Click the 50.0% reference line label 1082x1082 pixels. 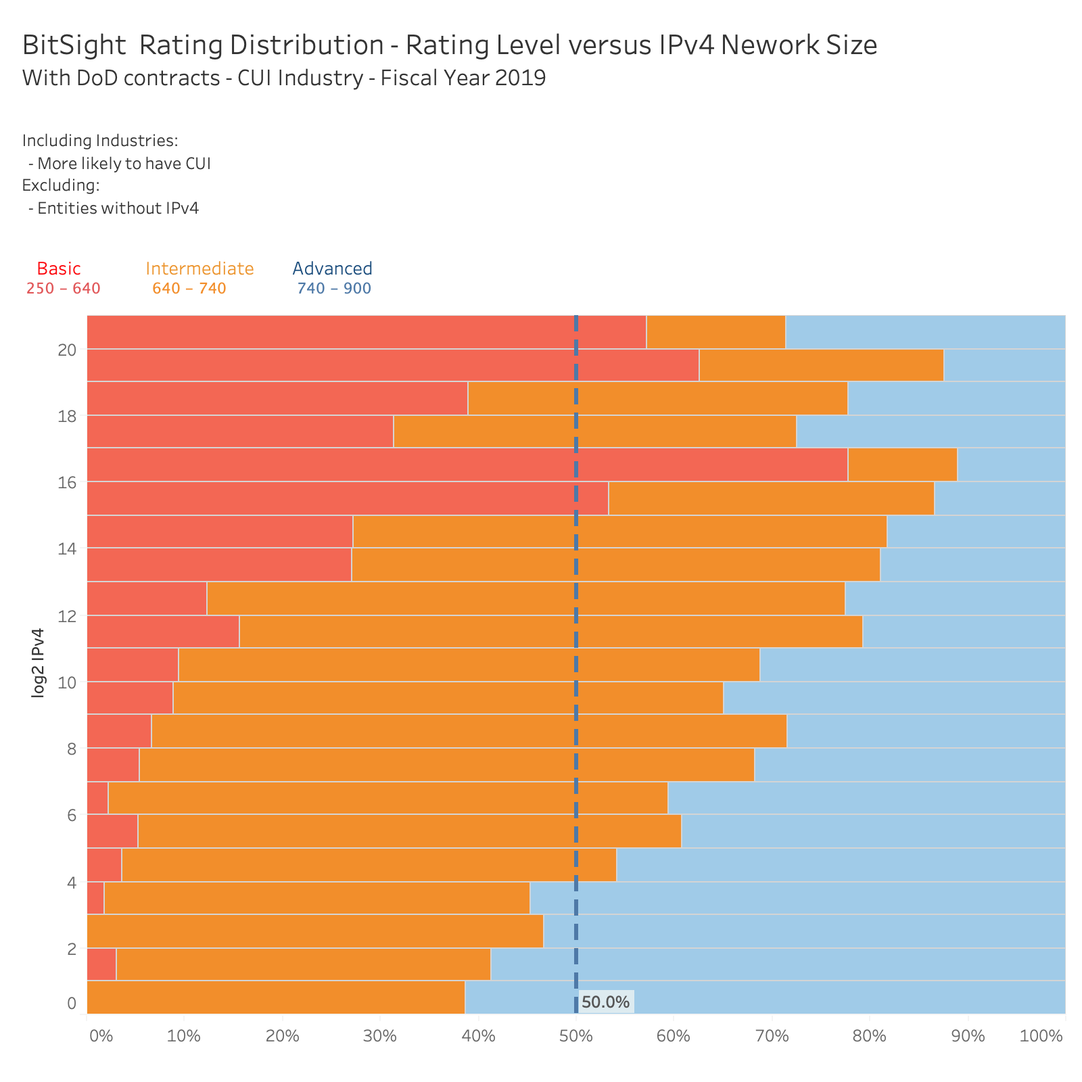(605, 1002)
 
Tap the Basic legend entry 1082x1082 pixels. (59, 268)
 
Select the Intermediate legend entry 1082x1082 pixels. (199, 268)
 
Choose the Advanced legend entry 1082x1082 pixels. (332, 268)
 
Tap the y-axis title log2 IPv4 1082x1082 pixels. (39, 663)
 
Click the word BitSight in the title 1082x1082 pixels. (74, 45)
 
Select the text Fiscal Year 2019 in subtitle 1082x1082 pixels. (463, 78)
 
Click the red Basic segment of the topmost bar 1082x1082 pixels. (365, 331)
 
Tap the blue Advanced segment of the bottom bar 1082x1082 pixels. (764, 997)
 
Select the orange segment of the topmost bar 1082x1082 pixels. (715, 331)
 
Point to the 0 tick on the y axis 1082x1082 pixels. (72, 1003)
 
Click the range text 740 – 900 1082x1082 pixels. (334, 289)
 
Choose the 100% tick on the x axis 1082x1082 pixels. (1041, 1036)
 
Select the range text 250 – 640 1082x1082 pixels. (63, 289)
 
